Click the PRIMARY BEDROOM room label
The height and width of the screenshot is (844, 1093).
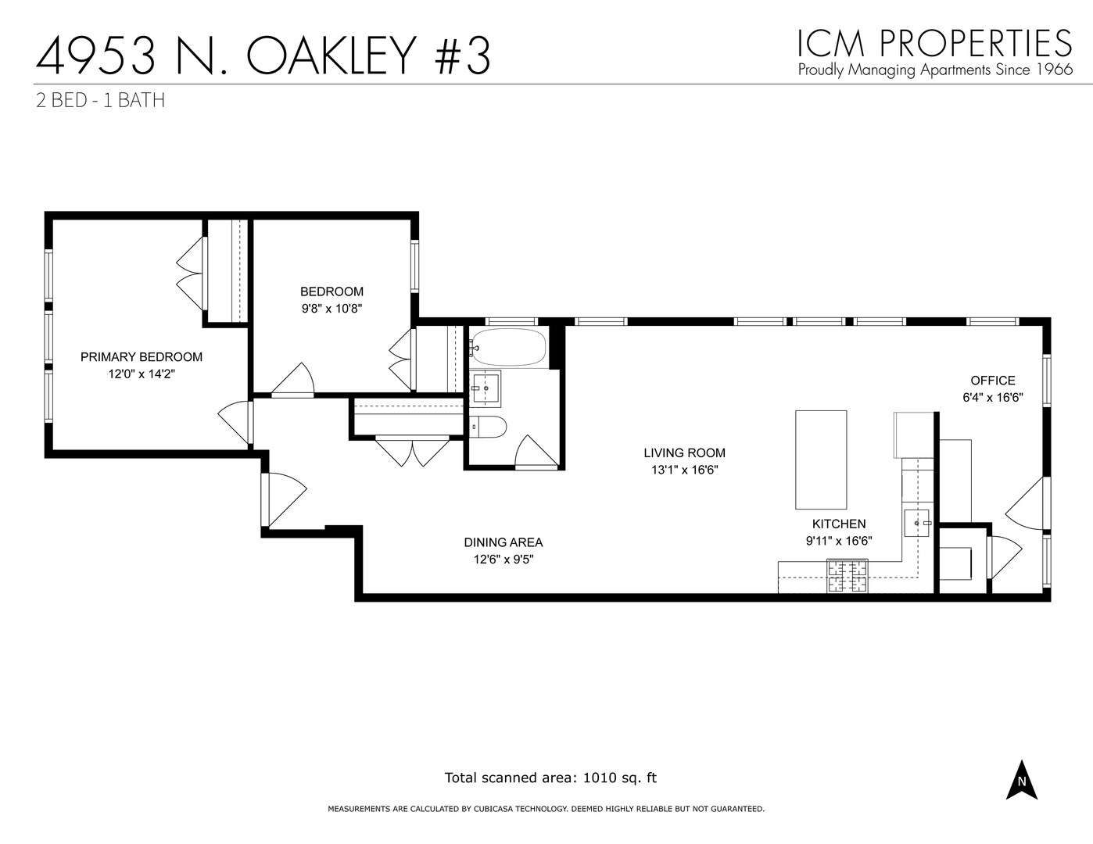click(142, 357)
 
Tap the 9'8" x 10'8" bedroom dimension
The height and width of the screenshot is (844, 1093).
click(331, 309)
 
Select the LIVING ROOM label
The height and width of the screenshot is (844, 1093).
click(684, 452)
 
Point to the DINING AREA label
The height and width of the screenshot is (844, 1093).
click(503, 542)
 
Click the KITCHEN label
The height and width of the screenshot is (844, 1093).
click(838, 524)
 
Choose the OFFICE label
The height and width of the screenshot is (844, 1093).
click(992, 381)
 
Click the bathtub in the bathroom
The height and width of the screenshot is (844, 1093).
click(507, 348)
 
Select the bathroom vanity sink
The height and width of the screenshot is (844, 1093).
click(485, 388)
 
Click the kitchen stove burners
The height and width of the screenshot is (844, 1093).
click(848, 576)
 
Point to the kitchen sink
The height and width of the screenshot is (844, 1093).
click(917, 522)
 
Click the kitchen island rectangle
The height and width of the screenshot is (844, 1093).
click(821, 459)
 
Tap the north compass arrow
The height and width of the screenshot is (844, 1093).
click(1021, 779)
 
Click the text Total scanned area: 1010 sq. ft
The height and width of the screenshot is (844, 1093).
click(550, 778)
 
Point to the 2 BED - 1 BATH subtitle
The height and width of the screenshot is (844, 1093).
click(100, 100)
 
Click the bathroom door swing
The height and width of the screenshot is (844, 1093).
click(536, 452)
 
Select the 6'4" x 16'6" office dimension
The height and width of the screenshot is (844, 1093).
click(992, 398)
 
